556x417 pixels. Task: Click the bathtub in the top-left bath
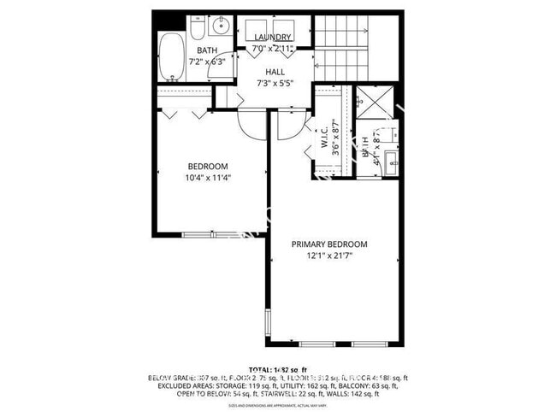coord(171,56)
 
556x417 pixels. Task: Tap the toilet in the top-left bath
coord(198,30)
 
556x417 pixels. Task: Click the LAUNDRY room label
coord(274,38)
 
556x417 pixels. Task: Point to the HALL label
coord(275,72)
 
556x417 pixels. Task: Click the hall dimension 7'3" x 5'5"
coord(275,84)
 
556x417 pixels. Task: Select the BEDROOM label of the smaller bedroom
coord(208,166)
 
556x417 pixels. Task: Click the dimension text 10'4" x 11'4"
coord(208,178)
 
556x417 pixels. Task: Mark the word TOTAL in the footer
coord(262,368)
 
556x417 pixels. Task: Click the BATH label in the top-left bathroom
coord(184,50)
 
